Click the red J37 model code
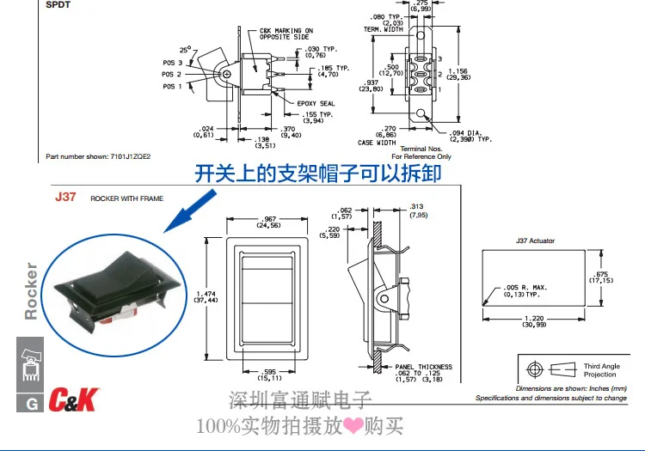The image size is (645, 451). pos(66,197)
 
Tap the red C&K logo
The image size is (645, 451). pos(76,399)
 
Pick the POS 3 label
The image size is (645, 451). pos(174,63)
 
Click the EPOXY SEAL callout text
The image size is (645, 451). pos(316,103)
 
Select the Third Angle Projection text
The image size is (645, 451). pos(599,370)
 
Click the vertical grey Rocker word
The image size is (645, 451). pos(31,291)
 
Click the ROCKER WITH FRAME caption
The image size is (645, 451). pos(126,198)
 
